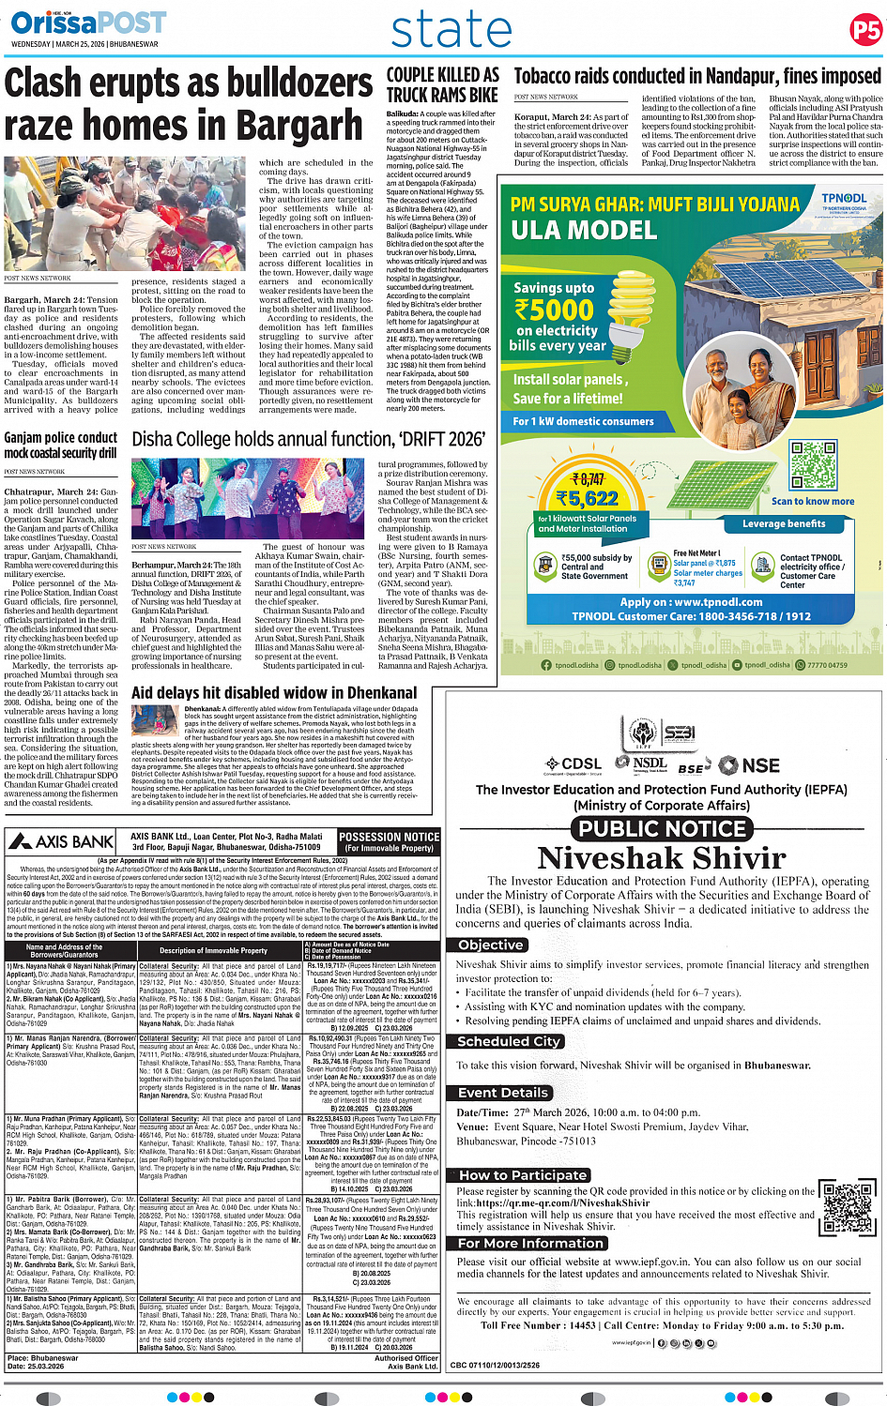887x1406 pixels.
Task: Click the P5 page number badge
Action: coord(865,30)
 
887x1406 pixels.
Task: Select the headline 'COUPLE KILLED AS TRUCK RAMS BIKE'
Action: coord(442,84)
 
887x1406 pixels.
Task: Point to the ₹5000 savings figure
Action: coord(554,310)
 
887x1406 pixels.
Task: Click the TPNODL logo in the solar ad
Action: coord(844,203)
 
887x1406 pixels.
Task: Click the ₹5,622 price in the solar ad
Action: coord(587,499)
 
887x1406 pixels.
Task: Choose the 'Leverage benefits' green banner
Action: coord(784,523)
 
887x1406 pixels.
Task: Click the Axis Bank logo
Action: coord(64,841)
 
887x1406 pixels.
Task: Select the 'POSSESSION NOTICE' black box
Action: coord(389,841)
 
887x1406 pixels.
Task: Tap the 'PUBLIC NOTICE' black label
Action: coord(662,828)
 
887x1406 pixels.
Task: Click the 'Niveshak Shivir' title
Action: coord(662,858)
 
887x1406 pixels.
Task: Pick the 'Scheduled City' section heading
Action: coord(509,1041)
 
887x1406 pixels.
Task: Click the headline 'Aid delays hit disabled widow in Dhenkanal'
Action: coord(274,693)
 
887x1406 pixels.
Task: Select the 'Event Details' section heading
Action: coord(503,1093)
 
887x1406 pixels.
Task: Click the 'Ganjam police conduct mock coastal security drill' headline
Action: coord(61,445)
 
